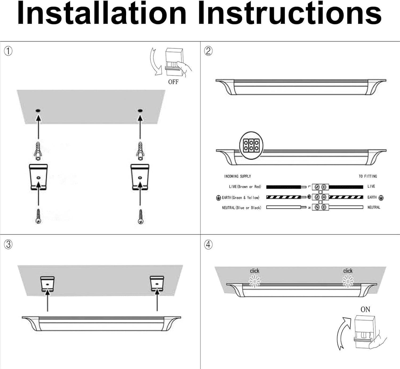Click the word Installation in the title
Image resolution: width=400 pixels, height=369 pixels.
(102, 13)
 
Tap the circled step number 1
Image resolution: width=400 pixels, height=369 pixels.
(8, 51)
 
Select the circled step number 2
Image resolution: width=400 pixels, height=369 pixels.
(208, 51)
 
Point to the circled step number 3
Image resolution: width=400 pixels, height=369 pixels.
(8, 244)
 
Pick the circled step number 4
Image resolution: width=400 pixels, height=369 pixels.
(208, 244)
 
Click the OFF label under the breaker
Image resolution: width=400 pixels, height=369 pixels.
(173, 82)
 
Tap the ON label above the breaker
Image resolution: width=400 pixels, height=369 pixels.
(365, 309)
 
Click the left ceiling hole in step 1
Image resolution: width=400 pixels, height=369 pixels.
(38, 110)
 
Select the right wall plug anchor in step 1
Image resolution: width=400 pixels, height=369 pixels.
(140, 151)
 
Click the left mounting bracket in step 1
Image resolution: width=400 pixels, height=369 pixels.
(38, 177)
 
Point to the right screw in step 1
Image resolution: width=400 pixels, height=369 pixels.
(141, 217)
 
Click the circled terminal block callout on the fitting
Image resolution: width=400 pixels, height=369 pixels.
(251, 146)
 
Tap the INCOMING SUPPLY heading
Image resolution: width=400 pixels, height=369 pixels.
(237, 176)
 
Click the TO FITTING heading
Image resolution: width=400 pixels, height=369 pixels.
(368, 176)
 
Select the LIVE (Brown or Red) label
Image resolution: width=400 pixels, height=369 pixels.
(245, 187)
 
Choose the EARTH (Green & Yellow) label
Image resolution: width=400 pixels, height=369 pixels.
(240, 198)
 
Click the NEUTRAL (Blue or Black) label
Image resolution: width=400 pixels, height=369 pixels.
(241, 208)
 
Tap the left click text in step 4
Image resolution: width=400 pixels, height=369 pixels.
(254, 271)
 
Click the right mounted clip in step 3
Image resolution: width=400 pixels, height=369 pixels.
(157, 284)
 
